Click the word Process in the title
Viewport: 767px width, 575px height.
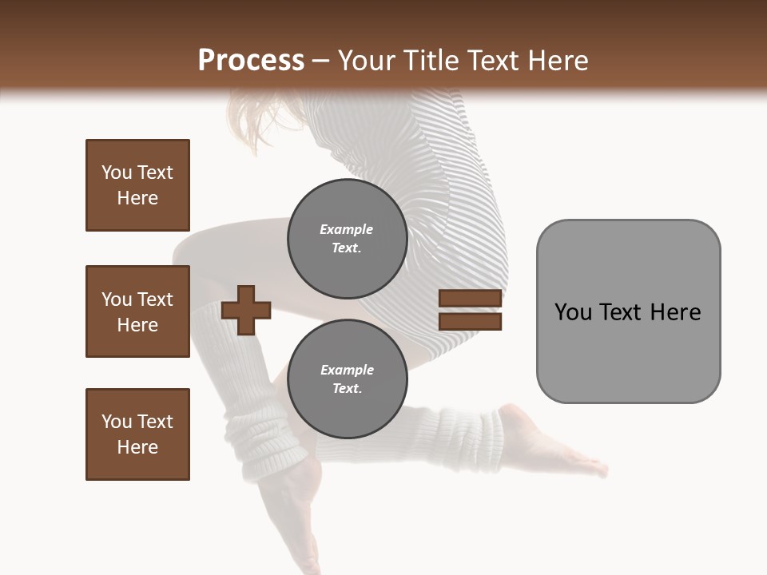(251, 60)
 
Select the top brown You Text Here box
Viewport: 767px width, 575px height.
(137, 185)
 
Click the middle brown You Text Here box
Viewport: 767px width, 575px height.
(137, 311)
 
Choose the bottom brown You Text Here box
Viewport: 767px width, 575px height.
(137, 434)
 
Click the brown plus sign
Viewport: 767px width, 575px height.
(246, 309)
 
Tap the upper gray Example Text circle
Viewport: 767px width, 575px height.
(347, 239)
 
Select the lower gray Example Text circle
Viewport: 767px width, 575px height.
(347, 379)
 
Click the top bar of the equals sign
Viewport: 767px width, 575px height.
(470, 298)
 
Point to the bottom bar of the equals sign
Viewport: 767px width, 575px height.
(470, 322)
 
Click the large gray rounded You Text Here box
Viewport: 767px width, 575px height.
(628, 311)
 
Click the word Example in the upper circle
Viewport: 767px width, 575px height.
(347, 229)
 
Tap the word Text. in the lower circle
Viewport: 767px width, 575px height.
(347, 389)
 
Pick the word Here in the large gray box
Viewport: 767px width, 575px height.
(675, 311)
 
